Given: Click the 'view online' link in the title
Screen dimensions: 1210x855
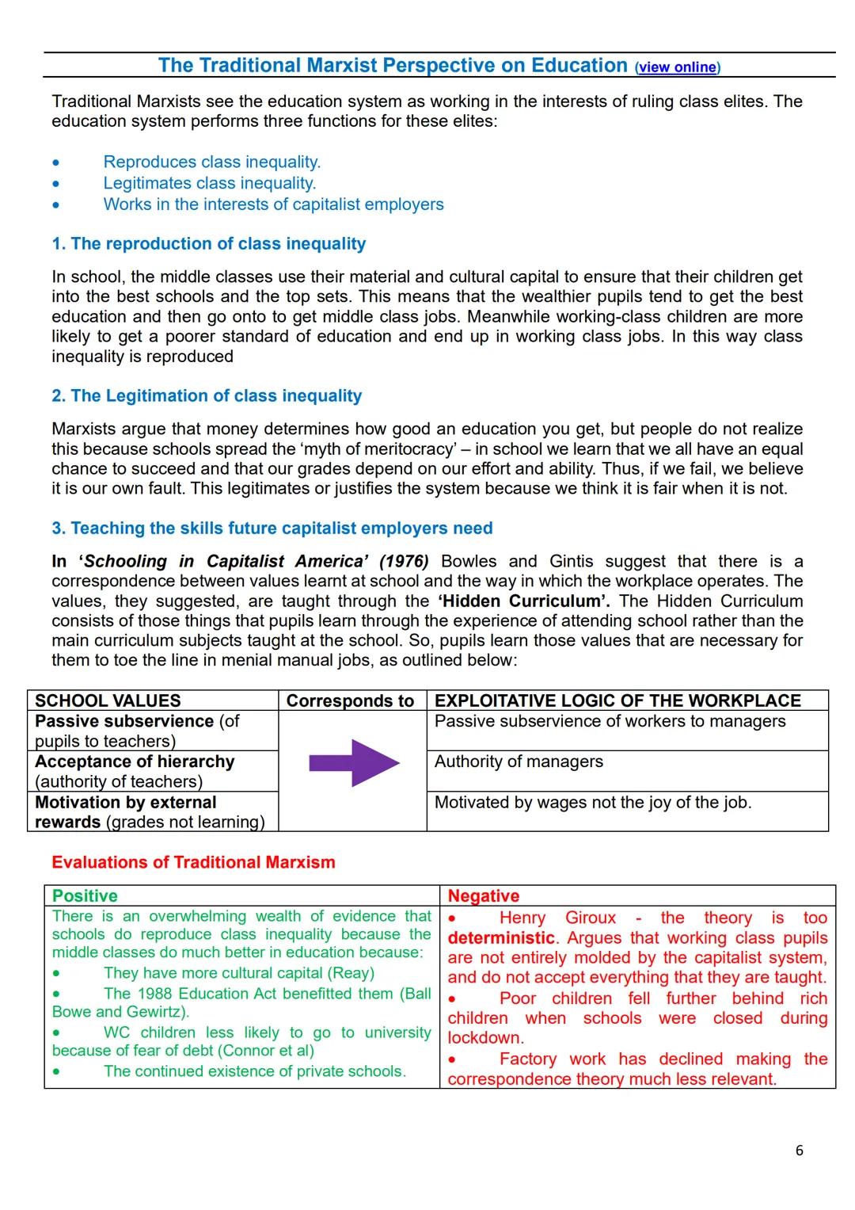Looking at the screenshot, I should [677, 67].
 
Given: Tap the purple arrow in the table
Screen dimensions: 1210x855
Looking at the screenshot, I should [354, 763].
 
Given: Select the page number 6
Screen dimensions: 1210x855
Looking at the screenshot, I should [799, 1151].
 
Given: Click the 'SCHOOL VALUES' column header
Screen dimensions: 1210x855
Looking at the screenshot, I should [108, 700].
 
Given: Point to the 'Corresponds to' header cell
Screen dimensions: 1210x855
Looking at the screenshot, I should [350, 700].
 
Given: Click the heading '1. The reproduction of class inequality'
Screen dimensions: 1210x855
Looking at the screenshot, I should [208, 244].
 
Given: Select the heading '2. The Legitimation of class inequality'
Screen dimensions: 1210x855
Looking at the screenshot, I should [206, 396].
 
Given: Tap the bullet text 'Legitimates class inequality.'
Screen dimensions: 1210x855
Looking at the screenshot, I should [209, 183].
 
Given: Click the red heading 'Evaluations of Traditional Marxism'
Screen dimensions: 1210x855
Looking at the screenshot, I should [193, 862].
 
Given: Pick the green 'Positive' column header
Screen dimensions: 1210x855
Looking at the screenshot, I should [85, 896].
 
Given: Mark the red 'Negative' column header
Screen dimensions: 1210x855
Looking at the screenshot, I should [484, 896].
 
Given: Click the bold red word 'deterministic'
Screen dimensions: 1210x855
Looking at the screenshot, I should [501, 938].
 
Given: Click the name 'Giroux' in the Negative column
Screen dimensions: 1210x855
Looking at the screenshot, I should [591, 918].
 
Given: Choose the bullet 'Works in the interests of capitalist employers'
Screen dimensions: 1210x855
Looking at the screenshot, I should [273, 204].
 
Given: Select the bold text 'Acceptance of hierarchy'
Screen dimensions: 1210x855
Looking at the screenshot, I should [135, 761].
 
